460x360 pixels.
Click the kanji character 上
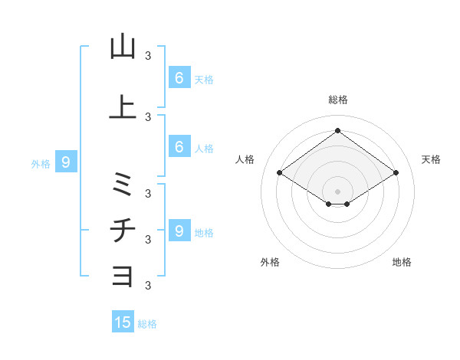click(x=123, y=107)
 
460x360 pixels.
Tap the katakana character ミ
click(x=123, y=184)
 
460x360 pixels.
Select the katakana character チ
click(x=123, y=230)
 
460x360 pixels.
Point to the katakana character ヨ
click(x=123, y=274)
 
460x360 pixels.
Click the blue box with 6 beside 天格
click(x=179, y=77)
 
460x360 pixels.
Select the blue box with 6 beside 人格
click(x=179, y=147)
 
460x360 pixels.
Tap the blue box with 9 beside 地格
click(x=179, y=231)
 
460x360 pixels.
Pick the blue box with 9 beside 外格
click(x=66, y=162)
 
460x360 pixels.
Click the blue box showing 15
click(x=123, y=322)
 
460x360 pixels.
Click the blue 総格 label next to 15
click(x=148, y=324)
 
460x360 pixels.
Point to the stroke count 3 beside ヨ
click(x=148, y=285)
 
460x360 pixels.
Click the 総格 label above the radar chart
click(x=337, y=100)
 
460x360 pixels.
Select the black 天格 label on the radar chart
click(x=431, y=159)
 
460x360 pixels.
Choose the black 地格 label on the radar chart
click(x=402, y=262)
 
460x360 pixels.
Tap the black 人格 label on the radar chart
click(x=245, y=159)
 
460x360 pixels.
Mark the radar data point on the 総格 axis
click(x=337, y=130)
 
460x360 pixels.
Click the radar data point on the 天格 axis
click(x=396, y=173)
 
